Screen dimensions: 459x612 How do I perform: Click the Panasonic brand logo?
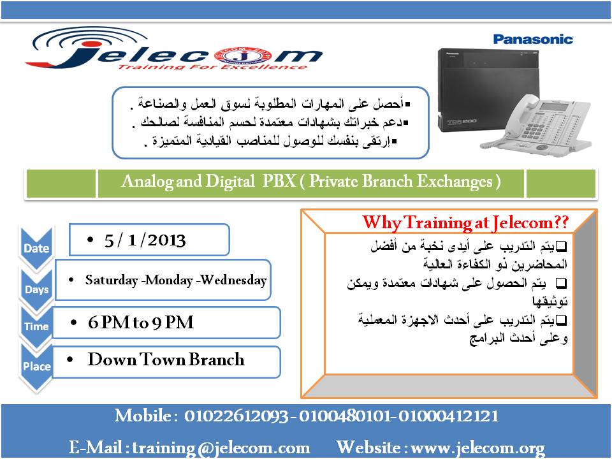coord(534,40)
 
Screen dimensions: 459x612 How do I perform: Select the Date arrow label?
coord(36,248)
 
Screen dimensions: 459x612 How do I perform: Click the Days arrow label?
coord(36,289)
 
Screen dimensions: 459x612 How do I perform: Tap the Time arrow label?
coord(36,326)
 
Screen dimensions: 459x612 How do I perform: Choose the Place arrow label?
coord(36,367)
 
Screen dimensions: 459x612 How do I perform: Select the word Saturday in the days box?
coord(112,280)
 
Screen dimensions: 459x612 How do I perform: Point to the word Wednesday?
coord(233,280)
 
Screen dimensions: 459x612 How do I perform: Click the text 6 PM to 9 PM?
coord(141,323)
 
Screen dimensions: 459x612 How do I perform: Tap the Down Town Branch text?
coord(166,360)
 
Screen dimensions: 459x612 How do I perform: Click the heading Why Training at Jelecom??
coord(465,222)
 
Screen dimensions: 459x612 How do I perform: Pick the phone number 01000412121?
coord(446,416)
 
